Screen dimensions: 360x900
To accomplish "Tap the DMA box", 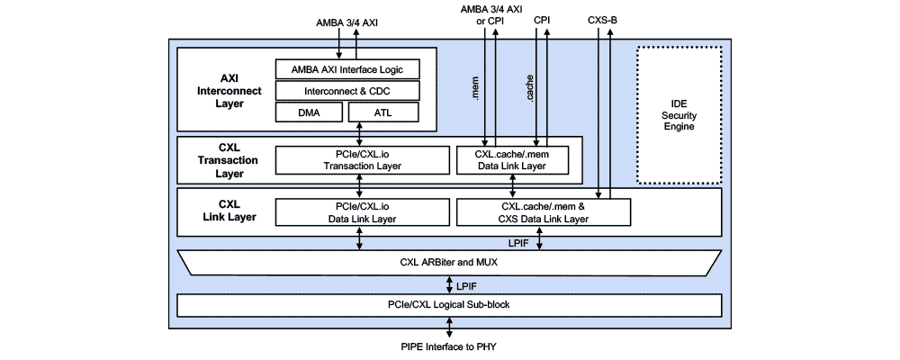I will [x=310, y=112].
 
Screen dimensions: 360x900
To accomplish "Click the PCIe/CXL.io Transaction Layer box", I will [x=361, y=159].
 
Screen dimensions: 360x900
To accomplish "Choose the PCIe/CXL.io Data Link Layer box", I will [x=361, y=212].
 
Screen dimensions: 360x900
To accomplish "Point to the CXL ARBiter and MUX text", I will [x=448, y=263].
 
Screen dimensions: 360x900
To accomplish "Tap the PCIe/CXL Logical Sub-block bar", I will [x=448, y=305].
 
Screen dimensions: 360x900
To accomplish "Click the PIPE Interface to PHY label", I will [x=448, y=347].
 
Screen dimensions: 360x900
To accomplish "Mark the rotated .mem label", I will [x=475, y=87].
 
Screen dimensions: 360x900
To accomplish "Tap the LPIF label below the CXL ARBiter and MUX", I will [x=466, y=284].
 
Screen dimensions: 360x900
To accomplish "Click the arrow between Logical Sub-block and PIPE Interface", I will [x=448, y=328].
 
